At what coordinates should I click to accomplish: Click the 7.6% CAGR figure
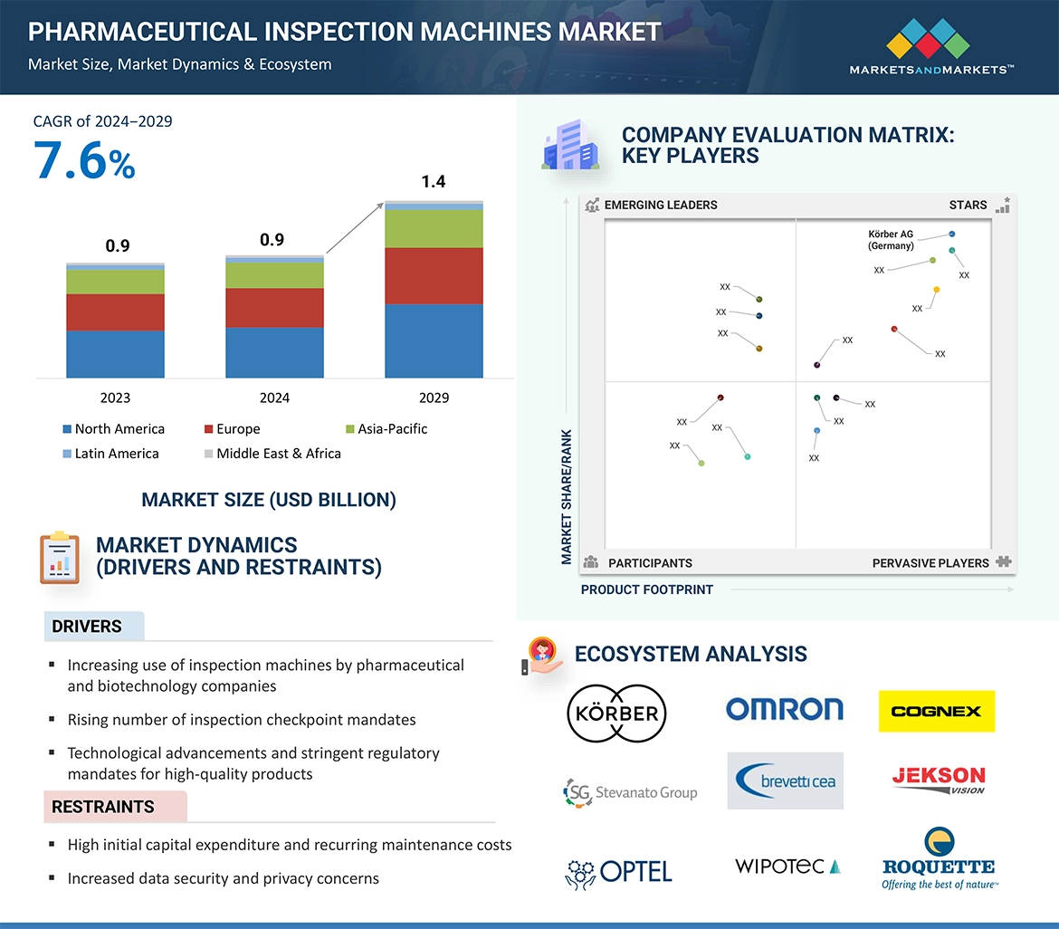tap(84, 161)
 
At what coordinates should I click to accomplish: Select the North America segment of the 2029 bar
tap(434, 340)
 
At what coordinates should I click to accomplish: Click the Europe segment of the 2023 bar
tap(115, 312)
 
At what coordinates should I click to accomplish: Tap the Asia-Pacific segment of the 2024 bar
tap(274, 275)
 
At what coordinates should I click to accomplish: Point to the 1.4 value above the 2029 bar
tap(434, 182)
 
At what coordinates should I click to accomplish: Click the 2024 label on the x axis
tap(274, 397)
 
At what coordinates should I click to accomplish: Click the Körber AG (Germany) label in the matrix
tap(891, 240)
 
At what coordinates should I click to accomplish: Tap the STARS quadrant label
tap(968, 205)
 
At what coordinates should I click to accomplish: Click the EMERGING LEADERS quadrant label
tap(660, 205)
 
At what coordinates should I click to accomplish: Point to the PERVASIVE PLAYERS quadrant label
tap(930, 563)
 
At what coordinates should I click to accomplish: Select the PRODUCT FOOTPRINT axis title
tap(646, 589)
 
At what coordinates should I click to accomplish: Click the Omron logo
tap(784, 709)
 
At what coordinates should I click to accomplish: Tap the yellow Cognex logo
tap(936, 712)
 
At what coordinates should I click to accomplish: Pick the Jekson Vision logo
tap(938, 780)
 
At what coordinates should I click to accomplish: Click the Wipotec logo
tap(787, 867)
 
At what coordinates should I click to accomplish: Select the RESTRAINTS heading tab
tap(103, 807)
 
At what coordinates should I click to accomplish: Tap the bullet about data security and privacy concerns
tap(223, 878)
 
